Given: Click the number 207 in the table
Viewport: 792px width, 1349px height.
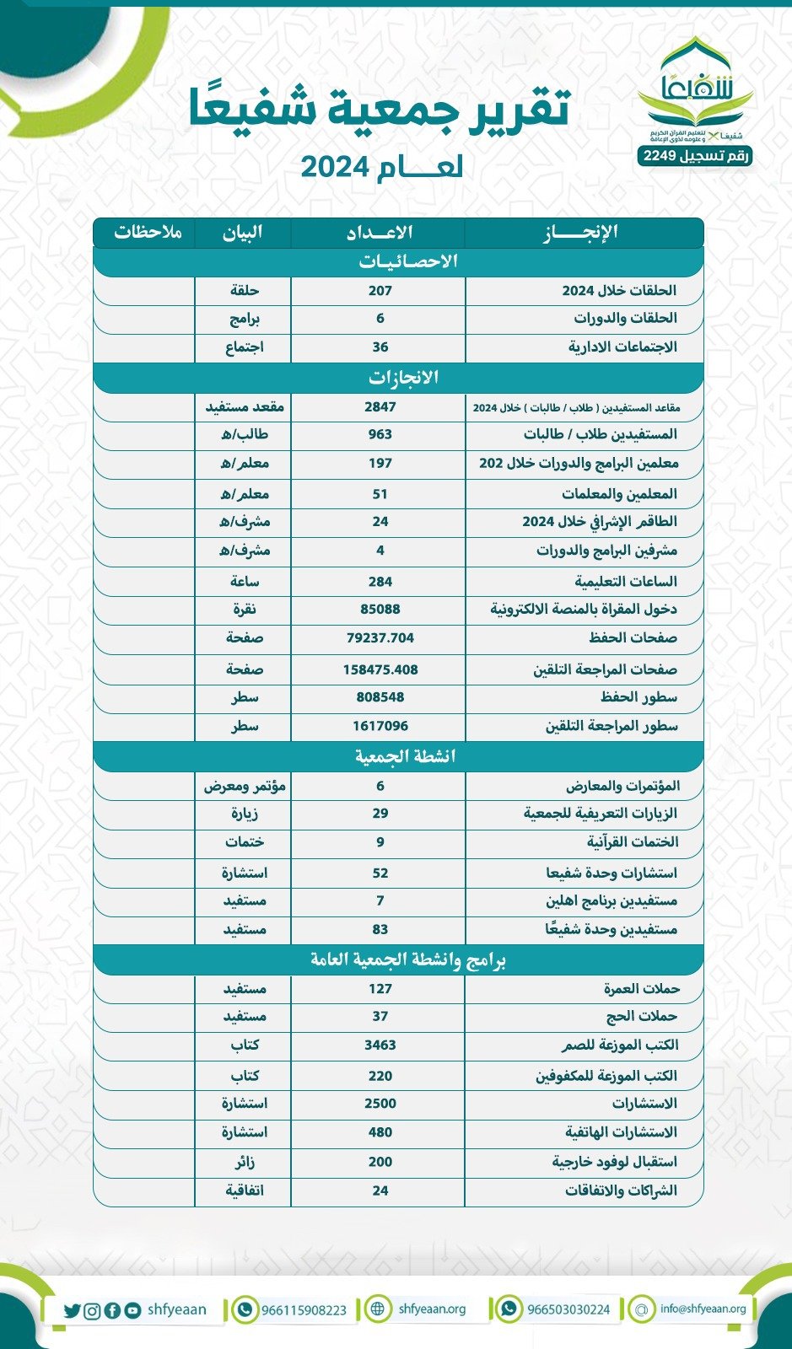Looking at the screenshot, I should point(380,290).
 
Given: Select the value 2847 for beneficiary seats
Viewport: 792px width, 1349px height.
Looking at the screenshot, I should point(380,406).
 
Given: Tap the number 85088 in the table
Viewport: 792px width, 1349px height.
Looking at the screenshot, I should point(380,609).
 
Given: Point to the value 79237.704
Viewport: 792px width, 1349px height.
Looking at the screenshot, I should point(380,637).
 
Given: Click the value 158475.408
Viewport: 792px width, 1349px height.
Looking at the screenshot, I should point(380,669).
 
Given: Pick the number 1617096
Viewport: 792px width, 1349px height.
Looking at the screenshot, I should point(380,726).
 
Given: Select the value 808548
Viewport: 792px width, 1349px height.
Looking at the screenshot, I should point(380,697).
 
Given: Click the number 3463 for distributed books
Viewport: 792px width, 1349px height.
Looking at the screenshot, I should point(380,1045).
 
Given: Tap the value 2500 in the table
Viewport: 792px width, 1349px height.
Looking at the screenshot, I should point(380,1103).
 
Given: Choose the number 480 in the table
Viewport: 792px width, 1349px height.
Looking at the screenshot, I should point(380,1132).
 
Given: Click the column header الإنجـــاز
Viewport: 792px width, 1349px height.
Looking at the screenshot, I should point(581,232).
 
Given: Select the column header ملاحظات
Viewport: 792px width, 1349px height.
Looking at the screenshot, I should point(148,232).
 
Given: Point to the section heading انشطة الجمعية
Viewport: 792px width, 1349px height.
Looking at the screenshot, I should point(405,756).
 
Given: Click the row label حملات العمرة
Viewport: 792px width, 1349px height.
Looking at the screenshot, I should point(641,988).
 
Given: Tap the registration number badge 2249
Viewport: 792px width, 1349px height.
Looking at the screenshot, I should point(694,156).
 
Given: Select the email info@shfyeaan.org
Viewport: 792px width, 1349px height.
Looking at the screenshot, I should point(703,1309).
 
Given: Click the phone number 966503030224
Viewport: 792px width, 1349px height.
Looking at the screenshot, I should point(568,1310).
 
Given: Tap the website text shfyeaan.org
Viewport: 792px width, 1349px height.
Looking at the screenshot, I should point(432,1309).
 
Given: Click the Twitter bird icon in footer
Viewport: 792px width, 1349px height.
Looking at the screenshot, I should point(72,1311).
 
